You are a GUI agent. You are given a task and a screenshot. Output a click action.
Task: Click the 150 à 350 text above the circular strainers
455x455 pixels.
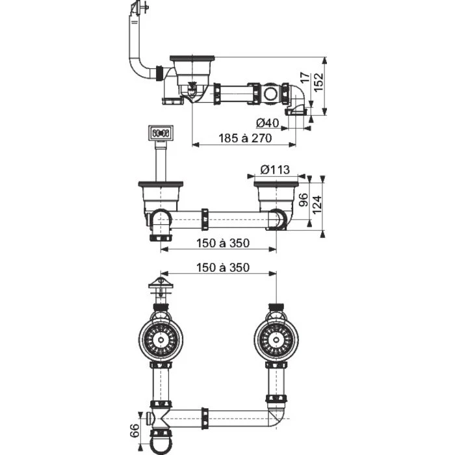pyautogui.click(x=222, y=268)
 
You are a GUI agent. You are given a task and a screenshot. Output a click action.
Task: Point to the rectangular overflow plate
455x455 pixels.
pyautogui.click(x=159, y=134)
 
